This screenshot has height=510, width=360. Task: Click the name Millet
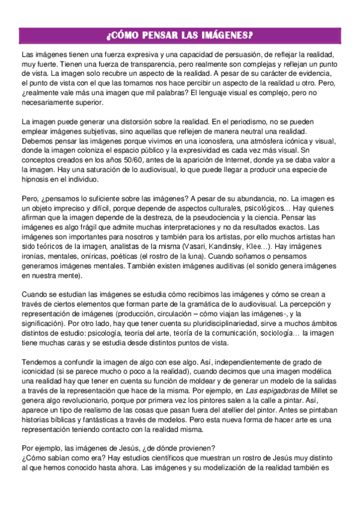click(322, 392)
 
